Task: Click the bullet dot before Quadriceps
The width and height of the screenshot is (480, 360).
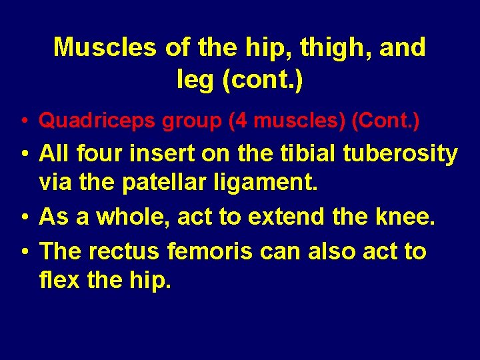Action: point(23,121)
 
